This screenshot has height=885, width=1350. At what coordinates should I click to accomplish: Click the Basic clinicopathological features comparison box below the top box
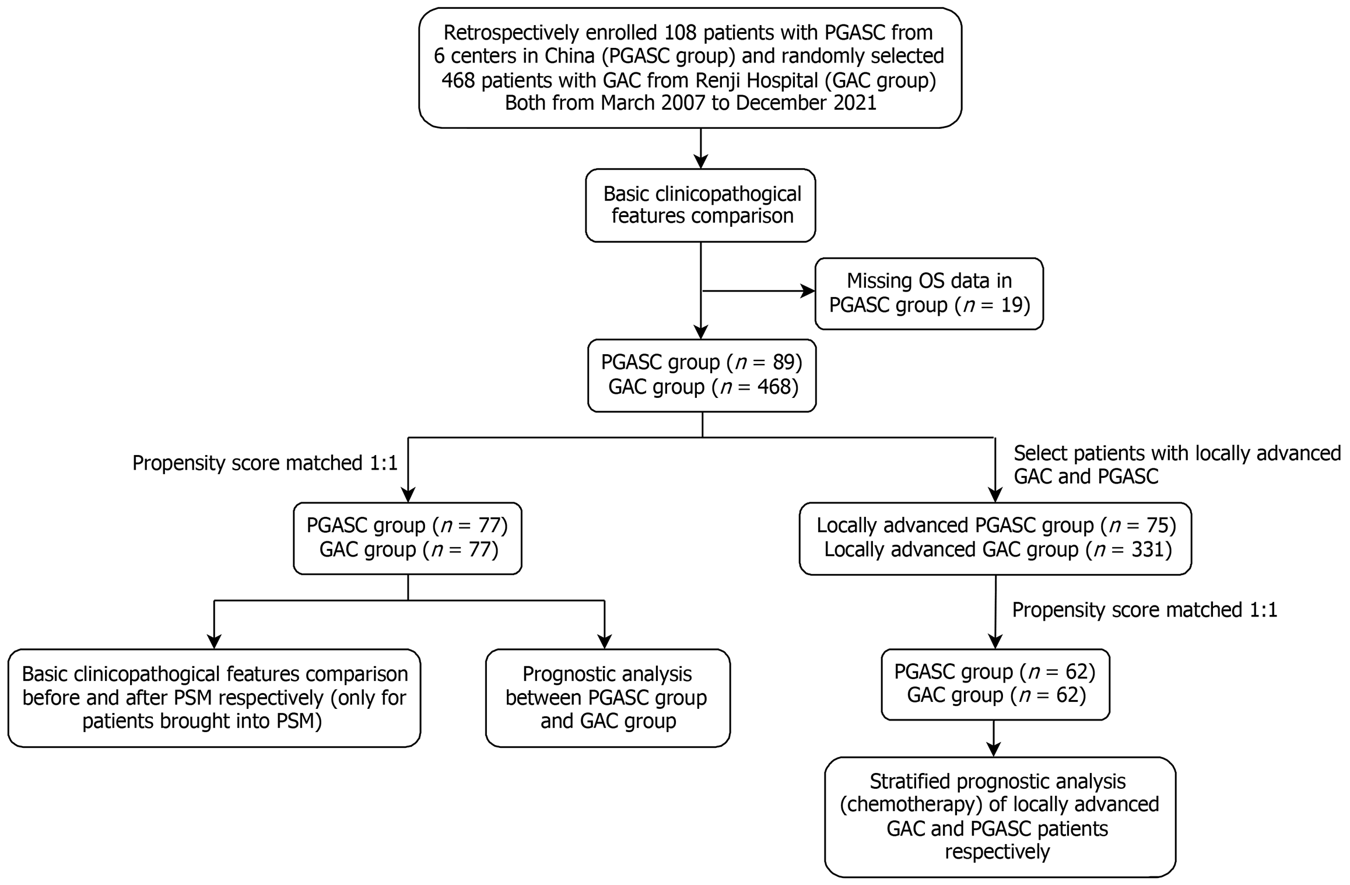click(700, 205)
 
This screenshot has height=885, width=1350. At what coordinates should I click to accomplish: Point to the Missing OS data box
click(929, 293)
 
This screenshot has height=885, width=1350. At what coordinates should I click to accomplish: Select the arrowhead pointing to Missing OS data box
click(808, 291)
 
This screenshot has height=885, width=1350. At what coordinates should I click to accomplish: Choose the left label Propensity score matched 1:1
click(265, 463)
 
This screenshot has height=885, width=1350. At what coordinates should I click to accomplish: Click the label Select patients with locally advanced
click(1177, 453)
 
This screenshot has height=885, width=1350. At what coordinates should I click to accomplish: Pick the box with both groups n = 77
click(408, 538)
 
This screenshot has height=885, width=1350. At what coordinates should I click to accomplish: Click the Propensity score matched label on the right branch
click(1145, 610)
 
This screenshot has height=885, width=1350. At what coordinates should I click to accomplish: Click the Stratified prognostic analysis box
click(1000, 817)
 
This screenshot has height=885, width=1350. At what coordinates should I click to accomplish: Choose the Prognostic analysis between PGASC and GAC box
click(608, 698)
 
